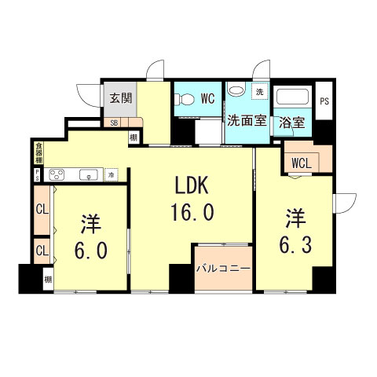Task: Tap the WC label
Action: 208,99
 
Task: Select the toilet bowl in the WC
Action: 184,100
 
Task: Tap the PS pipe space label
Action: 324,100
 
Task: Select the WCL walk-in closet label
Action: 300,163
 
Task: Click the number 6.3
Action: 295,245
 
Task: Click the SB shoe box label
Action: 114,123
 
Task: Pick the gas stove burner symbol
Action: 59,174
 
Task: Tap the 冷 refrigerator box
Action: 113,174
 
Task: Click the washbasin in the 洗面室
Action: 235,91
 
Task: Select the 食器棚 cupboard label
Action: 38,150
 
